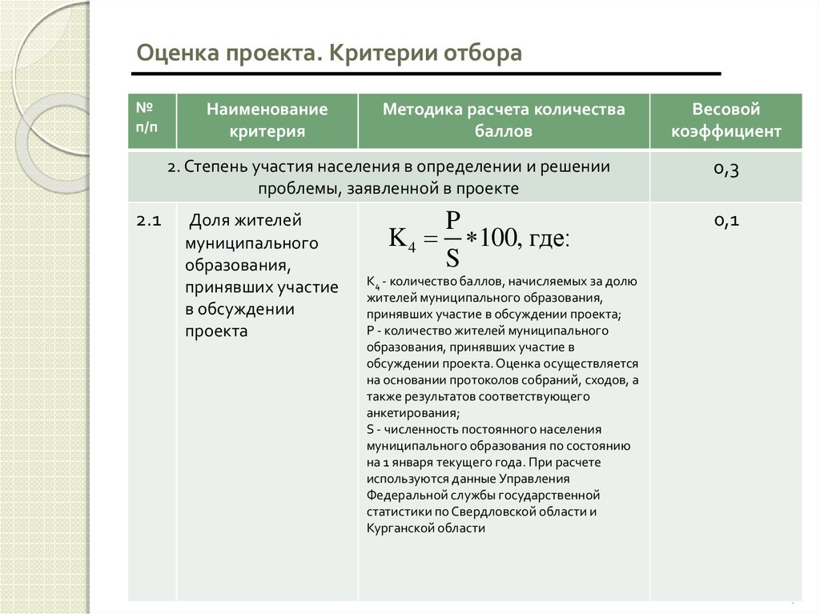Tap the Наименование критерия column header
coord(267,120)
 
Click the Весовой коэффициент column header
coord(726,120)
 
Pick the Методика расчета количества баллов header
coord(504,120)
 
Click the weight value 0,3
coord(726,169)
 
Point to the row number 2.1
coord(150,222)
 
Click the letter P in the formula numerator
coord(452,220)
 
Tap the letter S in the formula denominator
coord(452,257)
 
